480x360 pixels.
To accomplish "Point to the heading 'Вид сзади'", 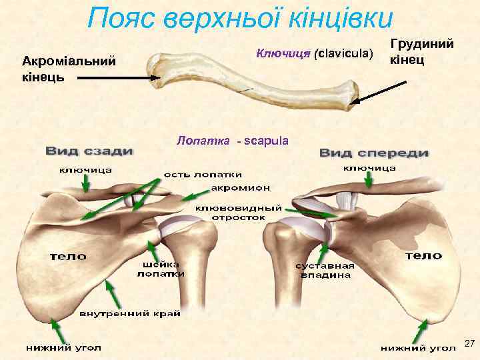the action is [89, 151].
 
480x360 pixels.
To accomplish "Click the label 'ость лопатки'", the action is [195, 175].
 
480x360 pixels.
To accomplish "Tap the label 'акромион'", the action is [236, 187].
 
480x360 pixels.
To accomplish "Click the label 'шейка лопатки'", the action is [162, 268].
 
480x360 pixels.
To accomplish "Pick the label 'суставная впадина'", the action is [325, 271].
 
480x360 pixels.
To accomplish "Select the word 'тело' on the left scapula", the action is [69, 255].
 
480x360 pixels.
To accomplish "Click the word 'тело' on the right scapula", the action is [424, 255].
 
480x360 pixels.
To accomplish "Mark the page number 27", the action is [469, 343].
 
